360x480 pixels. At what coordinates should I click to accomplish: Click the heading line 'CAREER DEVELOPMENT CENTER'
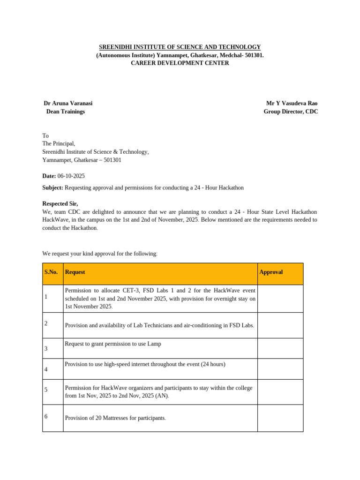(180, 63)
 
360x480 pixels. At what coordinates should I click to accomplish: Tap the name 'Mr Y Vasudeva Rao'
(292, 103)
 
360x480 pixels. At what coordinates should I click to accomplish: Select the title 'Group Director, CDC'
(291, 112)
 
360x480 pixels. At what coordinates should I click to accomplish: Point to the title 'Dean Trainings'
(66, 112)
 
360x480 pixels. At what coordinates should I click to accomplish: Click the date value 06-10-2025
(71, 176)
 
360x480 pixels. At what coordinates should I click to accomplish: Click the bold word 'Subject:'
(52, 187)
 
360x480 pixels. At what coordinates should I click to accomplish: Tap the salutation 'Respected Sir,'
(60, 204)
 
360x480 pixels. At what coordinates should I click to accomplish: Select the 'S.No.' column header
(52, 272)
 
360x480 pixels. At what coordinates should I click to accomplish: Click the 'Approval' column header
(271, 272)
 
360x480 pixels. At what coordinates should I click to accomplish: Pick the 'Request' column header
(75, 272)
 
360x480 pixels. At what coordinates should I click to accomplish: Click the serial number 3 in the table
(46, 349)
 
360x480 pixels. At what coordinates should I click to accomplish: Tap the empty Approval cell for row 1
(280, 299)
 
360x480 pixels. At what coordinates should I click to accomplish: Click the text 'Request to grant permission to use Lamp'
(113, 344)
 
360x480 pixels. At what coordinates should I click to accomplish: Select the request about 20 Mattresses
(115, 418)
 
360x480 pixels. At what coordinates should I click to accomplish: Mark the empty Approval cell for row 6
(280, 418)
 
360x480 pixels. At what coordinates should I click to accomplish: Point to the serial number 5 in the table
(46, 390)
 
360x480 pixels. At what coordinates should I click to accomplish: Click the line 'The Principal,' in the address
(59, 143)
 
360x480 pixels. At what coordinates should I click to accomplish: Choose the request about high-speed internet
(145, 364)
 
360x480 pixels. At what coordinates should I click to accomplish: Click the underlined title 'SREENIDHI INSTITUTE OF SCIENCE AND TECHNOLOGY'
(180, 47)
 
